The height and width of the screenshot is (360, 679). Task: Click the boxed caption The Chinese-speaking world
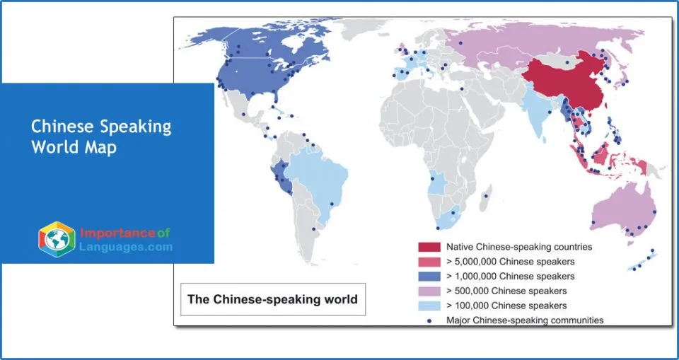[x=272, y=299]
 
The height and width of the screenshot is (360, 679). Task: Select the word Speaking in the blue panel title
[x=137, y=127]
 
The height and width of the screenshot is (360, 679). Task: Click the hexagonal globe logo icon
[x=57, y=239]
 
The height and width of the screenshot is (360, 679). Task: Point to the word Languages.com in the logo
[x=126, y=247]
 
